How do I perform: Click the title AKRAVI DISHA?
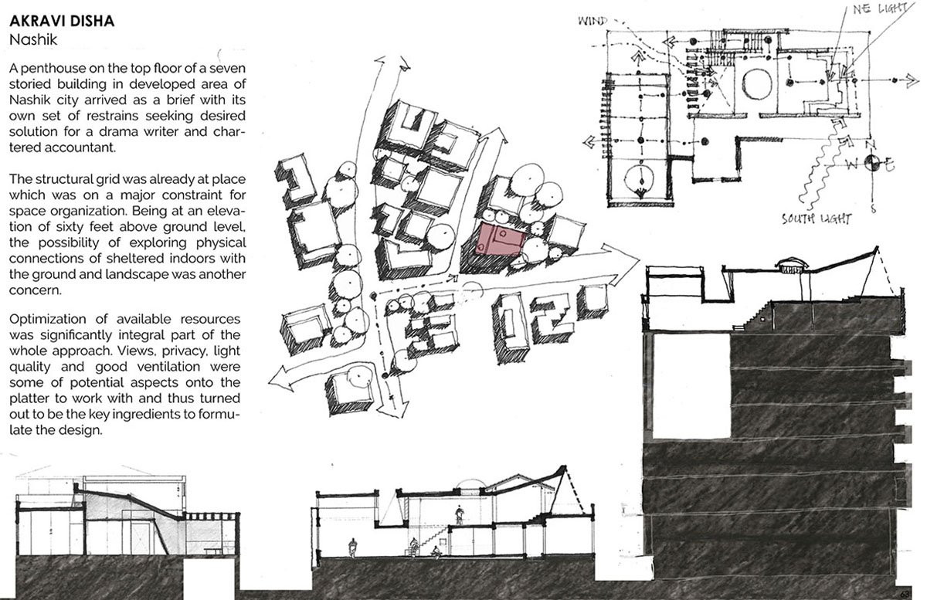coord(62,21)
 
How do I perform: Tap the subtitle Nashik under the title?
coord(33,40)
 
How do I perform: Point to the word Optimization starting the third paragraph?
coord(49,320)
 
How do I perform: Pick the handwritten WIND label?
coord(593,21)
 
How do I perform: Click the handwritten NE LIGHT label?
coord(880,8)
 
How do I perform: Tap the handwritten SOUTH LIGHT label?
coord(817,219)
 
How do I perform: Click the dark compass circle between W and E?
coord(872,162)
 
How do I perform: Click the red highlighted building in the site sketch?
coord(500,239)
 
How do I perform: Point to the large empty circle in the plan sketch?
coord(757,84)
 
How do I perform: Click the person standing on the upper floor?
coord(460,516)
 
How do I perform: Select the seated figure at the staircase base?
coord(435,552)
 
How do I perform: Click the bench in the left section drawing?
coord(213,551)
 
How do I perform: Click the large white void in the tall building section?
coord(691,385)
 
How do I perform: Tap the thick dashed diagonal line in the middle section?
coord(576,492)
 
